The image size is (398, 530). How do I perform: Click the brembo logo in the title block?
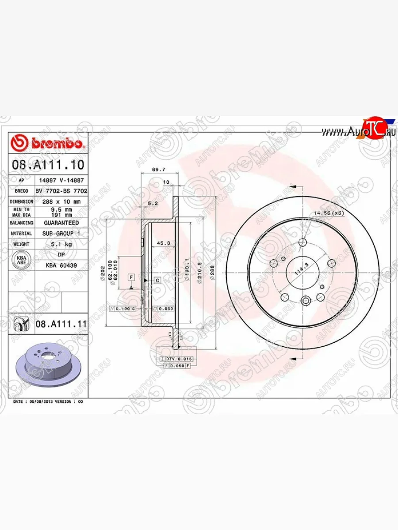[48, 143]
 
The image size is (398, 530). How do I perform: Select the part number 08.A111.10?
[48, 165]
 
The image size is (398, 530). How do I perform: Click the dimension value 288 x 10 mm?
[61, 201]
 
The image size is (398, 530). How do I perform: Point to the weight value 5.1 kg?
[61, 244]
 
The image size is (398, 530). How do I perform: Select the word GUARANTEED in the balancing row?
[61, 223]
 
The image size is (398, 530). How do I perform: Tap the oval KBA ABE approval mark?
[21, 260]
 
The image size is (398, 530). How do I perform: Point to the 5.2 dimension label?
[153, 204]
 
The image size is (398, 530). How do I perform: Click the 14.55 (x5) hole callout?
[329, 214]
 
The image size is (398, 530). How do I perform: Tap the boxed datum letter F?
[131, 277]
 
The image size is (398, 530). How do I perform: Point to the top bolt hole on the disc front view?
[302, 242]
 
